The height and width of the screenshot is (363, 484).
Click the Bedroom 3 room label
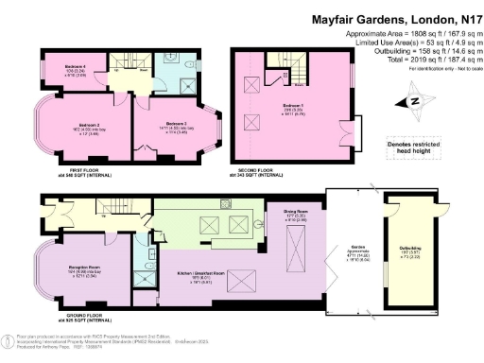click(x=175, y=125)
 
